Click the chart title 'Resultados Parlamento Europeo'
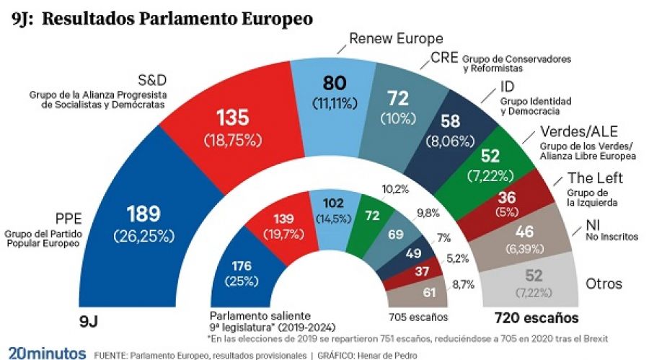click(x=177, y=19)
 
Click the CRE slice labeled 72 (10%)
click(x=407, y=106)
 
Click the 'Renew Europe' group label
click(x=396, y=38)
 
